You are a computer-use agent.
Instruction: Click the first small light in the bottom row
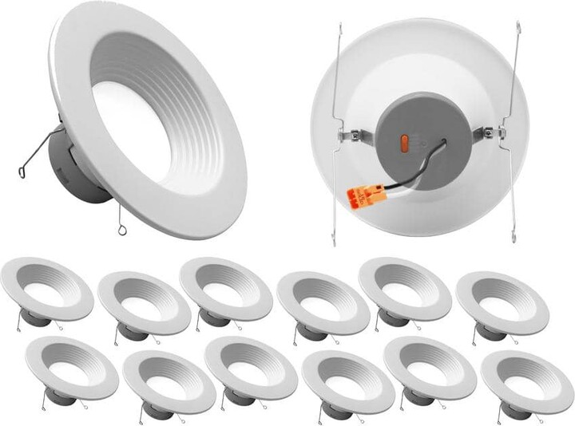coord(72,367)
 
